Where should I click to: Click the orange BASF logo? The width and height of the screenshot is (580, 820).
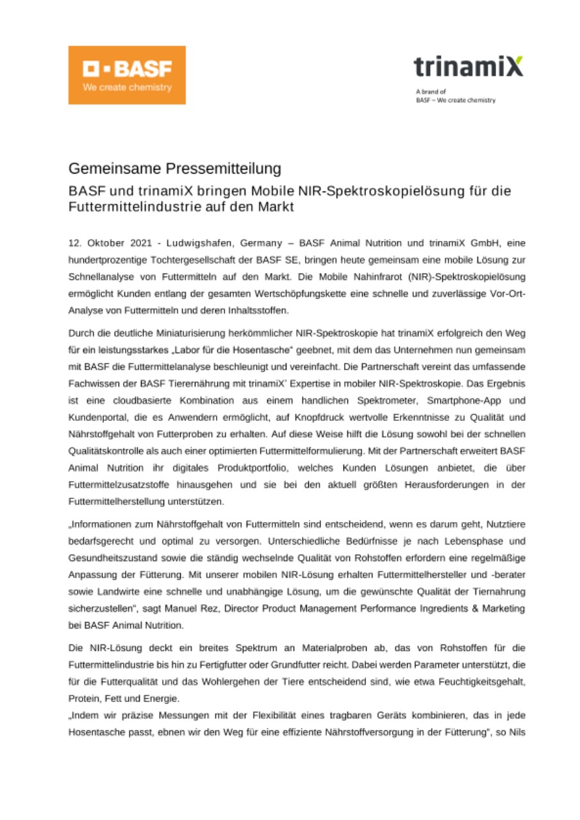pyautogui.click(x=127, y=75)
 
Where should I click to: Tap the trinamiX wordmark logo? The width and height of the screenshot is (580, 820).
pyautogui.click(x=468, y=66)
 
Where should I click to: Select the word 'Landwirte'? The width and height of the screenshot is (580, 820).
pyautogui.click(x=115, y=589)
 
